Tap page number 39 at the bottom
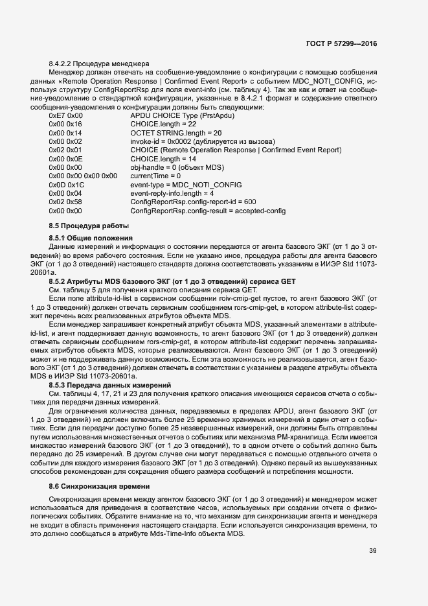[x=372, y=551]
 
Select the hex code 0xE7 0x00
[x=66, y=115]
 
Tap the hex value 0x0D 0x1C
[x=66, y=185]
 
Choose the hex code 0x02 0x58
[x=65, y=202]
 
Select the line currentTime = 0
[x=155, y=176]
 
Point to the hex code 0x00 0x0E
[x=65, y=158]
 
